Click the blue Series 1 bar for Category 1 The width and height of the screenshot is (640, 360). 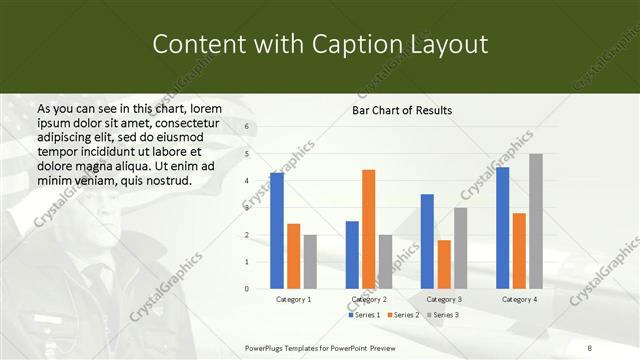click(277, 231)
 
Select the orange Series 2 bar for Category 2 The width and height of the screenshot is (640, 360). click(368, 229)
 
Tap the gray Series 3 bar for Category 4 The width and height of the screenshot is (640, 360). click(536, 221)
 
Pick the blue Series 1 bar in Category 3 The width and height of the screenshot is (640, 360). click(427, 241)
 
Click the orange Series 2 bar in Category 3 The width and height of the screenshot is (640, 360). click(444, 264)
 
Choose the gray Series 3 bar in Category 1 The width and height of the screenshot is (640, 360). click(310, 261)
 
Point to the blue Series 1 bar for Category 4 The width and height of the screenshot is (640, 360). click(502, 228)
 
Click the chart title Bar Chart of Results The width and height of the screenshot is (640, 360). click(402, 110)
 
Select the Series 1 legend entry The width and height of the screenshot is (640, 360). click(364, 315)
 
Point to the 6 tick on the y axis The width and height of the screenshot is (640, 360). click(247, 127)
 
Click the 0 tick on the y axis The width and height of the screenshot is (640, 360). click(247, 289)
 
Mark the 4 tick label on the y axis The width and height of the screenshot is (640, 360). click(247, 181)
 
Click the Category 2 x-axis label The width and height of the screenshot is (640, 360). click(369, 299)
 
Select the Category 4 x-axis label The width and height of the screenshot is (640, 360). click(518, 299)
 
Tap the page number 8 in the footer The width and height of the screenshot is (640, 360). click(590, 347)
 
